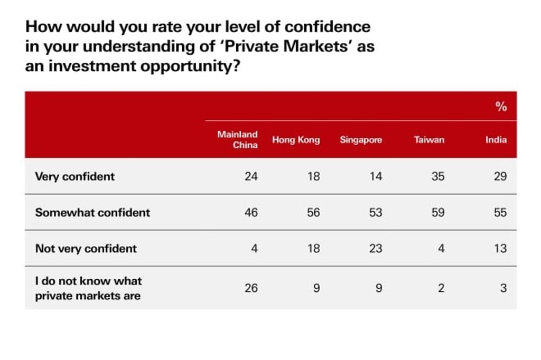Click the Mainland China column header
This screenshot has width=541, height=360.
(x=237, y=140)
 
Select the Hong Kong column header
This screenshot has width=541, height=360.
(x=296, y=140)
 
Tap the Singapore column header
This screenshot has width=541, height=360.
(x=361, y=140)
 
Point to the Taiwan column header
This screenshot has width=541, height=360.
(x=429, y=140)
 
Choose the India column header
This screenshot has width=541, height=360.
(x=496, y=140)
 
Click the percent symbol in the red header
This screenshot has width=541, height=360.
(x=501, y=107)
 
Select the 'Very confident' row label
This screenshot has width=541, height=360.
(x=74, y=176)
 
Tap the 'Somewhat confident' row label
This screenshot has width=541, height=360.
(x=92, y=212)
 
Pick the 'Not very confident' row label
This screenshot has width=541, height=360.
(x=86, y=248)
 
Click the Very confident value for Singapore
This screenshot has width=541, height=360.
(x=375, y=176)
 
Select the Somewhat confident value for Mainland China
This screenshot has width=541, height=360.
(x=251, y=212)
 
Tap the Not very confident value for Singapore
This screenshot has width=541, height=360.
(x=375, y=248)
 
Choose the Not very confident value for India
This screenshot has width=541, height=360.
(x=500, y=248)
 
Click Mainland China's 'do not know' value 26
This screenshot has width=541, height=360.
(x=251, y=288)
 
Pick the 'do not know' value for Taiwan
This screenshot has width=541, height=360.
(x=441, y=288)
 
